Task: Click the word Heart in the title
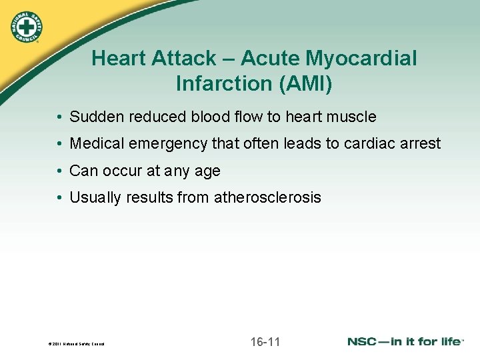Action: click(118, 59)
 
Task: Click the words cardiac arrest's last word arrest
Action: click(420, 144)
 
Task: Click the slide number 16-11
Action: click(265, 342)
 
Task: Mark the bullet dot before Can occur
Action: click(60, 171)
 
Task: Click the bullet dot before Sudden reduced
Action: click(60, 117)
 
